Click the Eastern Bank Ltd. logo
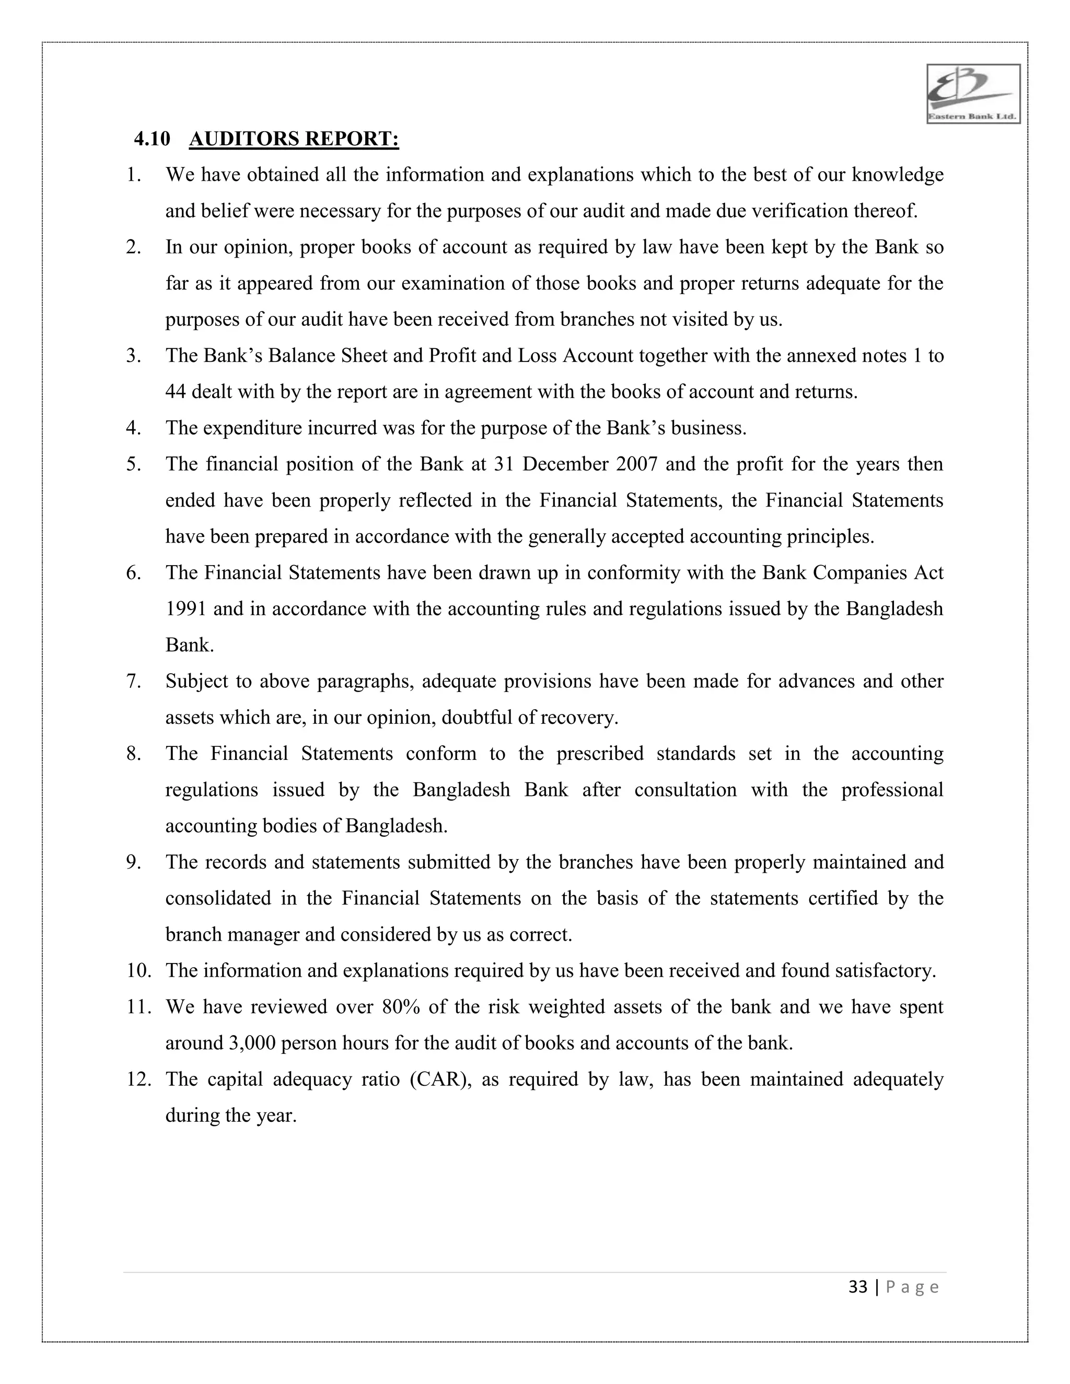pos(973,94)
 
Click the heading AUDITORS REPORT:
pos(294,139)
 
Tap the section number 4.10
pos(152,139)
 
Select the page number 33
pos(858,1287)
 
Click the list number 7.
pos(133,681)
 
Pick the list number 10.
pos(138,971)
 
